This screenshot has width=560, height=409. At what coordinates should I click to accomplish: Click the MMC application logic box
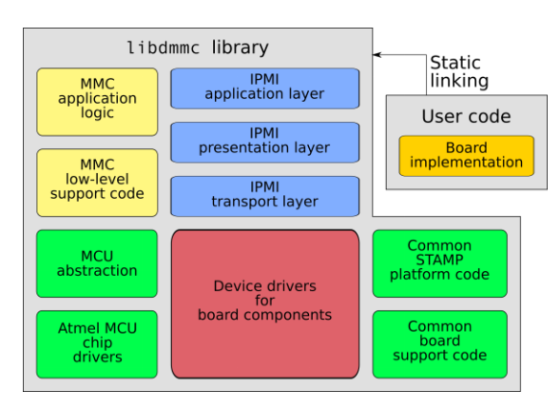(x=97, y=101)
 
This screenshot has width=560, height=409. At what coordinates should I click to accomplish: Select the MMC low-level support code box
(x=97, y=183)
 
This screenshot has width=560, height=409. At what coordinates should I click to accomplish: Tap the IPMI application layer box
(x=265, y=88)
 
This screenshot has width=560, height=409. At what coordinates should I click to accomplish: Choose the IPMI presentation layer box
(x=265, y=142)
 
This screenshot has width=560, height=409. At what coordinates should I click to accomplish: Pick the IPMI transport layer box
(x=265, y=195)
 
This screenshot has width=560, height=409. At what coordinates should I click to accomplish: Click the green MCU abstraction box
(x=97, y=263)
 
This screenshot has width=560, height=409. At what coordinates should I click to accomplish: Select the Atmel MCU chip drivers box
(x=97, y=342)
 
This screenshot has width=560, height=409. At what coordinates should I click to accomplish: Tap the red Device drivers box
(x=265, y=302)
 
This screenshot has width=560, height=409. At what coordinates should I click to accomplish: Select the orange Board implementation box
(x=466, y=155)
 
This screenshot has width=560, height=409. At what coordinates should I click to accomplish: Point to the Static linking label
(x=459, y=72)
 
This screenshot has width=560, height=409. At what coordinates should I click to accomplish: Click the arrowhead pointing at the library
(x=377, y=55)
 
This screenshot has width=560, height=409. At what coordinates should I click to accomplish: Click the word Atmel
(x=75, y=328)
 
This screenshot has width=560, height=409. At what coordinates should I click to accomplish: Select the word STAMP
(x=438, y=261)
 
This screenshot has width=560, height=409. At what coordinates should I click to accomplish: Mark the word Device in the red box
(x=238, y=286)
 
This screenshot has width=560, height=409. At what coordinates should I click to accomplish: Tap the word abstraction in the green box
(x=97, y=271)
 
